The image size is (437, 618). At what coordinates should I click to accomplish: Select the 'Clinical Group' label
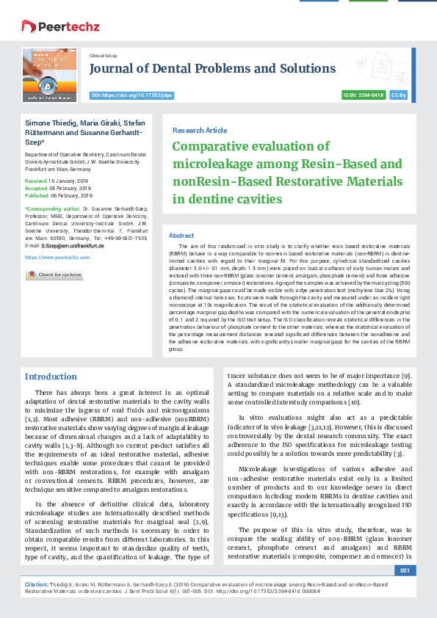pyautogui.click(x=103, y=56)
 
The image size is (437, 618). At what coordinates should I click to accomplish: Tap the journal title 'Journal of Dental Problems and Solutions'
pyautogui.click(x=212, y=69)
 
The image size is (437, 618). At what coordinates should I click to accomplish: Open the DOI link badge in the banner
pyautogui.click(x=131, y=95)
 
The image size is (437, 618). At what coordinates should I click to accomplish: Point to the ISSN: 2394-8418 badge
pyautogui.click(x=363, y=95)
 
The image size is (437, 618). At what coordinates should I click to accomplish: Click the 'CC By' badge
pyautogui.click(x=399, y=95)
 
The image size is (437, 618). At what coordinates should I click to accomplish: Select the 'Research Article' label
pyautogui.click(x=200, y=130)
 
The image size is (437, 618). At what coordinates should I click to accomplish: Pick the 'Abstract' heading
pyautogui.click(x=181, y=236)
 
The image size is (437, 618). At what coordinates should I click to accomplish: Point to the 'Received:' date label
pyautogui.click(x=37, y=180)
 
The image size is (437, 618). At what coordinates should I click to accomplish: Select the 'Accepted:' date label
pyautogui.click(x=37, y=188)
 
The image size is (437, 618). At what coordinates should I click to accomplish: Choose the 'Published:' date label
pyautogui.click(x=38, y=196)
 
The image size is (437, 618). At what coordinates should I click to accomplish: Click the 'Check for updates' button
pyautogui.click(x=54, y=275)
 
